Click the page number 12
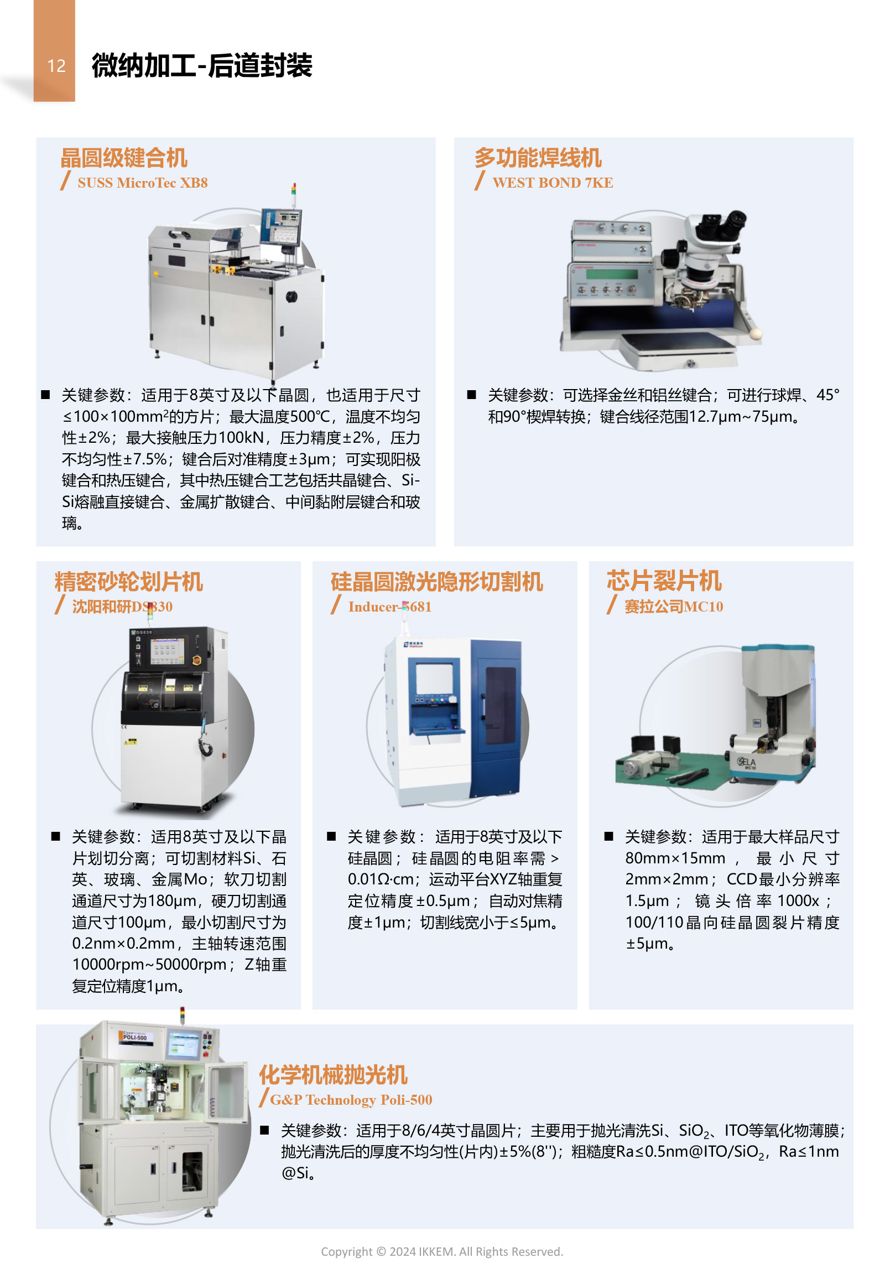pyautogui.click(x=56, y=66)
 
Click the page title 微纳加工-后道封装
pyautogui.click(x=202, y=66)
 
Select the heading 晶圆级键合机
pyautogui.click(x=124, y=158)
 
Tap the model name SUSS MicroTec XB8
pyautogui.click(x=143, y=183)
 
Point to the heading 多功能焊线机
pyautogui.click(x=538, y=158)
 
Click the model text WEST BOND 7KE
pyautogui.click(x=553, y=183)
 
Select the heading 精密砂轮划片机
pyautogui.click(x=129, y=582)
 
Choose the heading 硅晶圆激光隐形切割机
pyautogui.click(x=437, y=582)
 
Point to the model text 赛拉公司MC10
pyautogui.click(x=674, y=607)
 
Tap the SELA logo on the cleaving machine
pyautogui.click(x=747, y=763)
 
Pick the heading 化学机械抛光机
pyautogui.click(x=334, y=1075)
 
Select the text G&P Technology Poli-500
pyautogui.click(x=351, y=1100)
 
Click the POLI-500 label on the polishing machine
pyautogui.click(x=135, y=1037)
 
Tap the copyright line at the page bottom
pyautogui.click(x=442, y=1251)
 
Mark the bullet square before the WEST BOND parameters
pyautogui.click(x=472, y=395)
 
